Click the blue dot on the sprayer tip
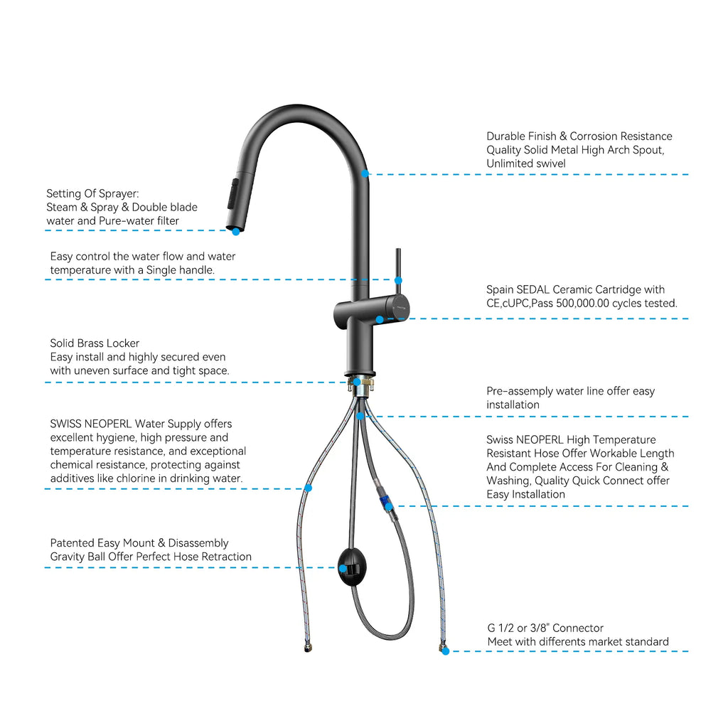[235, 231]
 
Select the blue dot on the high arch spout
[365, 173]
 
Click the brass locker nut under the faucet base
[360, 385]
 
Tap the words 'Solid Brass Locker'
[95, 343]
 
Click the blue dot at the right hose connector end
[445, 651]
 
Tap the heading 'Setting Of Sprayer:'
[92, 193]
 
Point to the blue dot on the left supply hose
[308, 488]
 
